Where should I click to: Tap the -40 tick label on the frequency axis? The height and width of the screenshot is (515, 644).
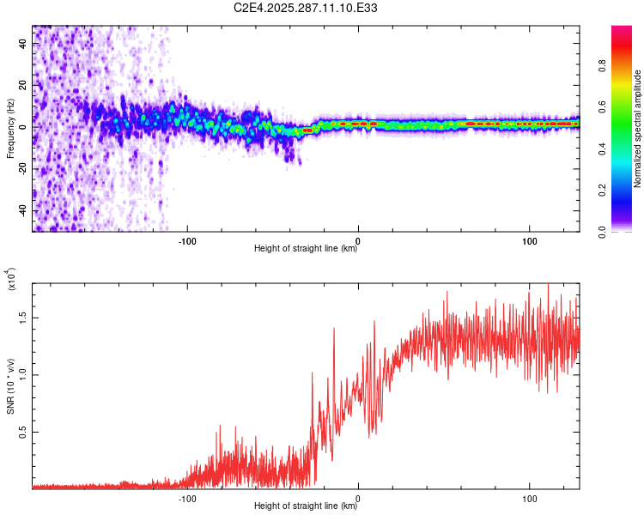pos(23,210)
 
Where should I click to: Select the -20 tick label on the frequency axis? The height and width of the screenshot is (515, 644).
pos(23,168)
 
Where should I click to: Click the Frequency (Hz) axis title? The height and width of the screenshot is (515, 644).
pos(10,128)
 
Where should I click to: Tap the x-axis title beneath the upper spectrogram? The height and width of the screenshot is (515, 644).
pos(306,249)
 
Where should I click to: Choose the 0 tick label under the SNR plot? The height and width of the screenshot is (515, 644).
pos(359,497)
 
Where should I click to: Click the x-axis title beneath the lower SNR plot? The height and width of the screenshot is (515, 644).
pos(306,506)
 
